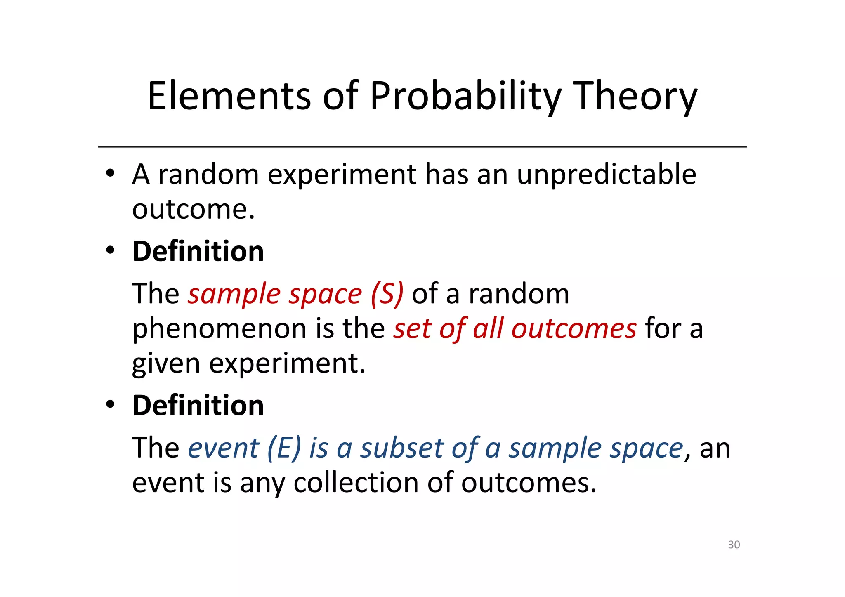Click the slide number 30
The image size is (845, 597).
(734, 545)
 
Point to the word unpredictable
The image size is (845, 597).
(606, 174)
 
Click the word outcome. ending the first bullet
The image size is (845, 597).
(193, 209)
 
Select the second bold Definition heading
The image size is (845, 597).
(198, 405)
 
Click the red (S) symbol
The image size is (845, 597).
(387, 295)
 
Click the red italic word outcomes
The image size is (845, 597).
(574, 329)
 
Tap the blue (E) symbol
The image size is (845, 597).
(284, 448)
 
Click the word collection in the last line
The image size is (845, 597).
(355, 482)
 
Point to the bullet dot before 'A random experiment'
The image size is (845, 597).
(110, 173)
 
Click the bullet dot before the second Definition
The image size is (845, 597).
(110, 405)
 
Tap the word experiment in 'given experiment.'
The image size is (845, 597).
(287, 363)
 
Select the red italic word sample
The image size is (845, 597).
(234, 295)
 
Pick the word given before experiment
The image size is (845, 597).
(166, 363)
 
